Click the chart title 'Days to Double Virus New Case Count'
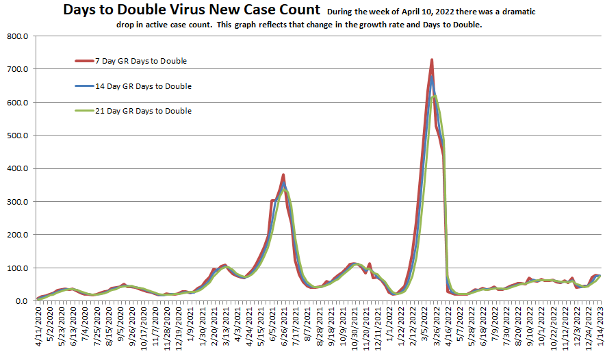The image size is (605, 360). pyautogui.click(x=191, y=10)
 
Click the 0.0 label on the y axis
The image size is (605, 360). pyautogui.click(x=20, y=301)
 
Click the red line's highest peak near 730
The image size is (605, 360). pyautogui.click(x=432, y=60)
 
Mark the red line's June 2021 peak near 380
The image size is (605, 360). pyautogui.click(x=283, y=175)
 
